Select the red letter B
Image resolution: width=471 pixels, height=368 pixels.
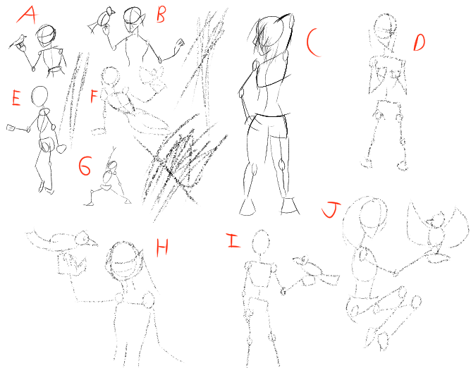(161, 14)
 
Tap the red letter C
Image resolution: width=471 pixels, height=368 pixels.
(314, 42)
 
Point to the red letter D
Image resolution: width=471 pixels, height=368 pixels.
(420, 43)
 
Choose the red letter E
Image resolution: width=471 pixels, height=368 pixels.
(16, 97)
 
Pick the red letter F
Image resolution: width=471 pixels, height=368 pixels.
(94, 96)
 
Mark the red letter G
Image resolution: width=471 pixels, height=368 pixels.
(85, 166)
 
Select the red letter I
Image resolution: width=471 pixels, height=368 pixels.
(234, 240)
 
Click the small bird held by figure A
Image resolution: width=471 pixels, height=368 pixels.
(18, 42)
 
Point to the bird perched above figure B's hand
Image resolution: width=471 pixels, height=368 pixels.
(102, 20)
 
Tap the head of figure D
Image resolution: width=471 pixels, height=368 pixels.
(386, 27)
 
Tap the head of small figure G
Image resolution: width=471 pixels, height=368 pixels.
(112, 165)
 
